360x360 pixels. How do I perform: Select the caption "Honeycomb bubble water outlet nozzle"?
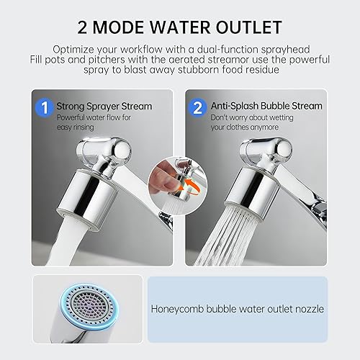coord(238,309)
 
